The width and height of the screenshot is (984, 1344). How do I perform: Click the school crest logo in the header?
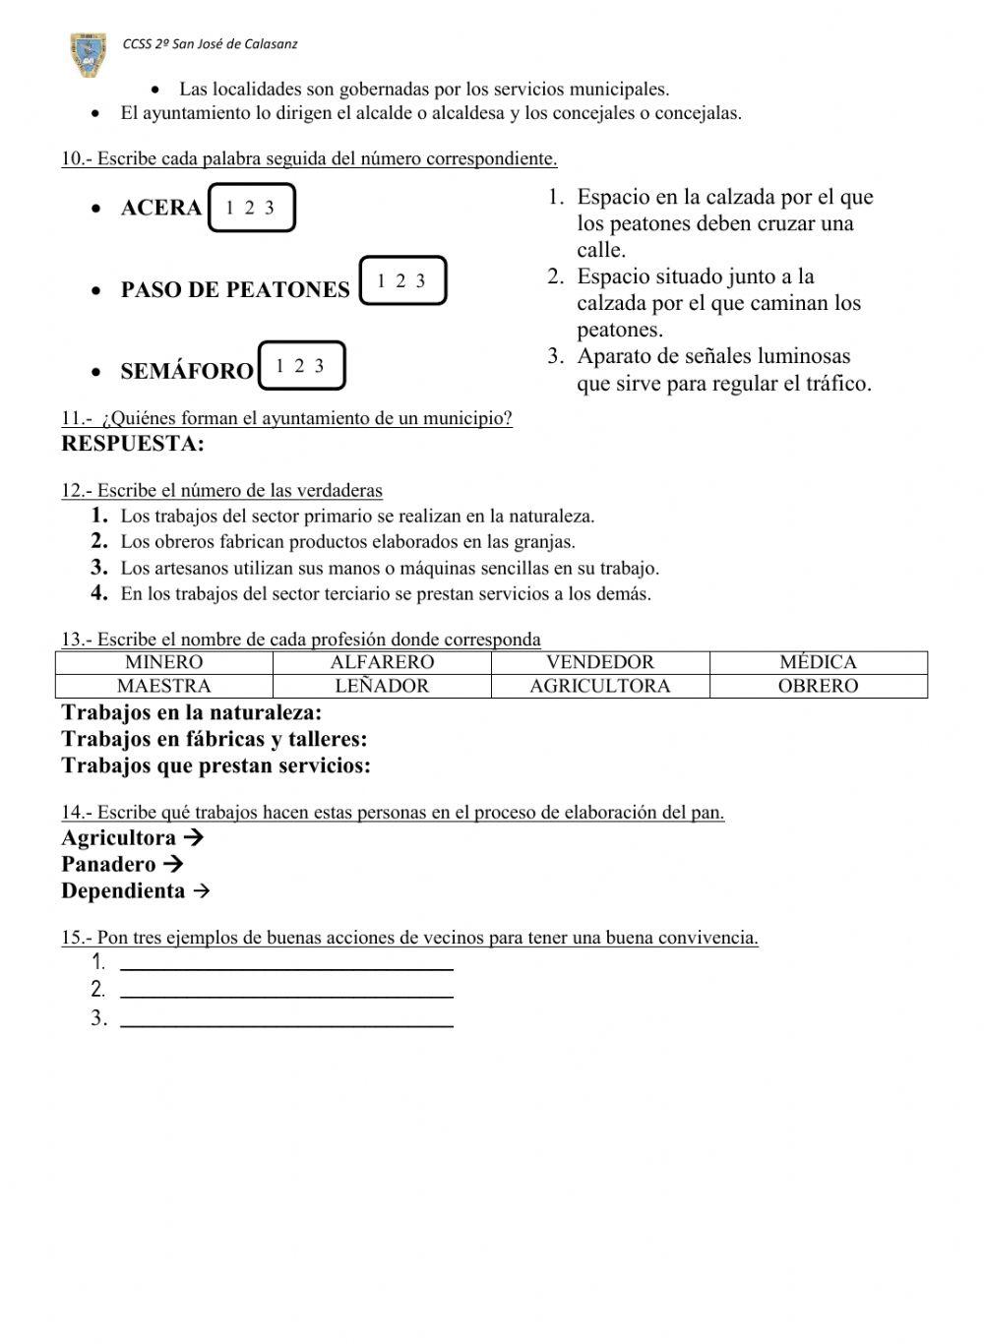point(90,54)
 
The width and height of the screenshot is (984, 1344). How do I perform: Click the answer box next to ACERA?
point(251,208)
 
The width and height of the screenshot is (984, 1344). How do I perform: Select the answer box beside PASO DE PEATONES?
point(402,280)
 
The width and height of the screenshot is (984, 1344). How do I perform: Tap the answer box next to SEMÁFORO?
point(301,366)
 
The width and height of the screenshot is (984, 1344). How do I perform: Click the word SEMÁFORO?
point(187,372)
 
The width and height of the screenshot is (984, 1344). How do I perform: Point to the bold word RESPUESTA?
point(133,444)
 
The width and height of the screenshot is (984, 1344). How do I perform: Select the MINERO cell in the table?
point(164,662)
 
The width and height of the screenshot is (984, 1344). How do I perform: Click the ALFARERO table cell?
point(382,662)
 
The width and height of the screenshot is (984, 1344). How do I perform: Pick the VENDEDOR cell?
point(600,662)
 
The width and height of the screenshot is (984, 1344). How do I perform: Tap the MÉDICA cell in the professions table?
point(818,662)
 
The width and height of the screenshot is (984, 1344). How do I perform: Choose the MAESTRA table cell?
point(164,686)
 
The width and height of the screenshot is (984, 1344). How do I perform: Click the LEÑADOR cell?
point(382,686)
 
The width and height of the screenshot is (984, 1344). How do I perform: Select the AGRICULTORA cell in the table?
point(600,686)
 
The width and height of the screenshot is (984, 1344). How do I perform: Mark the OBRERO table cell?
point(818,686)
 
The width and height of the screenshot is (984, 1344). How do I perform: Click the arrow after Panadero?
point(173,865)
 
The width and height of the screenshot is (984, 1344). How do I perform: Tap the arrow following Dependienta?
point(201,891)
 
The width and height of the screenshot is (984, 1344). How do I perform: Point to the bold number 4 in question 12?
point(98,593)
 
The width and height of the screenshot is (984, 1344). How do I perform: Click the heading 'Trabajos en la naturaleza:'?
point(192,712)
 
